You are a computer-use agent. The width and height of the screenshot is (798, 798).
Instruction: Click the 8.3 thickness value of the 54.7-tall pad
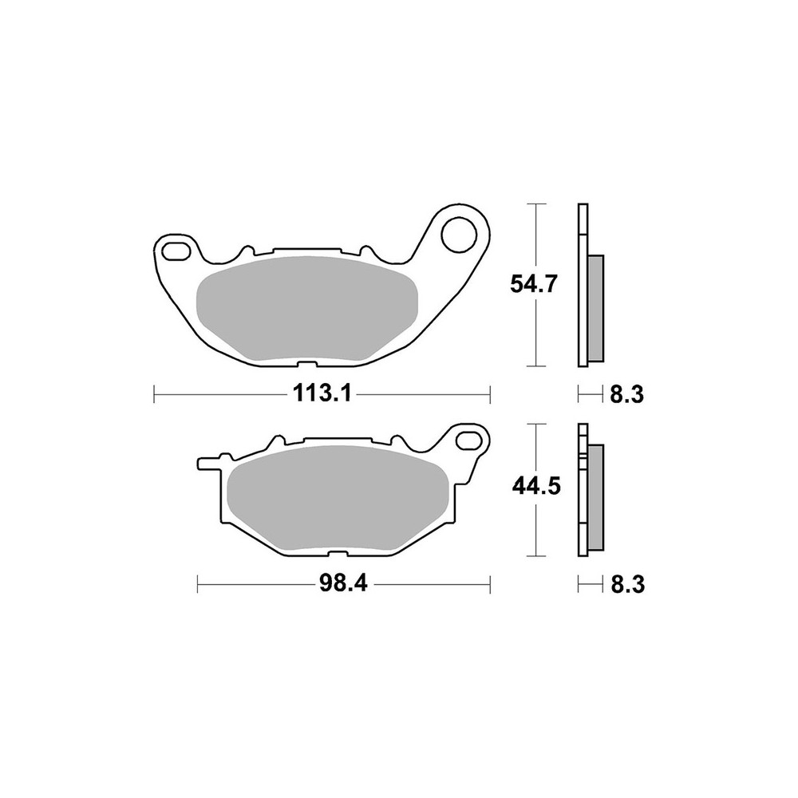pyautogui.click(x=626, y=393)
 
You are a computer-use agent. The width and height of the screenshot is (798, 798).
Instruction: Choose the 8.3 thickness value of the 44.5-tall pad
pyautogui.click(x=626, y=585)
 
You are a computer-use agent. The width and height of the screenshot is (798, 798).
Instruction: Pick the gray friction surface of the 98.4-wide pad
pyautogui.click(x=334, y=499)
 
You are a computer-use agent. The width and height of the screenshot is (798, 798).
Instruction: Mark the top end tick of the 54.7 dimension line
pyautogui.click(x=535, y=204)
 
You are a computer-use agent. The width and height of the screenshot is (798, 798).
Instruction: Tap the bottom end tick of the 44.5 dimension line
pyautogui.click(x=535, y=556)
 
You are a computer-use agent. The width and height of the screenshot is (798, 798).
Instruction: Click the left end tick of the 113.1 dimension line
pyautogui.click(x=154, y=393)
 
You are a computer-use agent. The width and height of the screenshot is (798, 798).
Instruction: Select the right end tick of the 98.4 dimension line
pyautogui.click(x=489, y=584)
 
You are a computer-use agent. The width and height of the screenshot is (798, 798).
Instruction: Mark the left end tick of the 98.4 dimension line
pyautogui.click(x=198, y=584)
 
